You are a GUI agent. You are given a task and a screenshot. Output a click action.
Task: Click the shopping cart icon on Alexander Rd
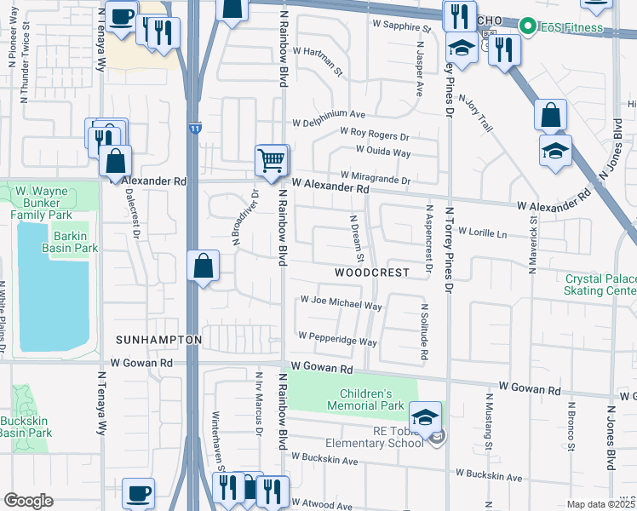(x=272, y=159)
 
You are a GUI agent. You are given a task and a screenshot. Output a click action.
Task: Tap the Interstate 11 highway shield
(x=196, y=128)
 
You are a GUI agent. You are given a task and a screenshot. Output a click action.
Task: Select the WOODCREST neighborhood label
(x=371, y=273)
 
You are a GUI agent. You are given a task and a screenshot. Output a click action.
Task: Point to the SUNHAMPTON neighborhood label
(x=159, y=340)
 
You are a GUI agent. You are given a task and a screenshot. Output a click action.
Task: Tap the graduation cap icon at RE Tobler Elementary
(x=425, y=417)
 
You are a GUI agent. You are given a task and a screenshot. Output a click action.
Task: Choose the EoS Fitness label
(x=571, y=27)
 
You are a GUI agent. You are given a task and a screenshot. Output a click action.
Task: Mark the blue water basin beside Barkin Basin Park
(x=51, y=290)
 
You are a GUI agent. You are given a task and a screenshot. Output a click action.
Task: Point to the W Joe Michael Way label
(x=341, y=301)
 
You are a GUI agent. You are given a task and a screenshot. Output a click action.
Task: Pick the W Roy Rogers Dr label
(x=375, y=135)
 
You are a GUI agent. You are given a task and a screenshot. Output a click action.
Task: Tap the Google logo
(x=29, y=501)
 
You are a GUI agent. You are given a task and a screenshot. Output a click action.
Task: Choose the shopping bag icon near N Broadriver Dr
(x=204, y=266)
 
